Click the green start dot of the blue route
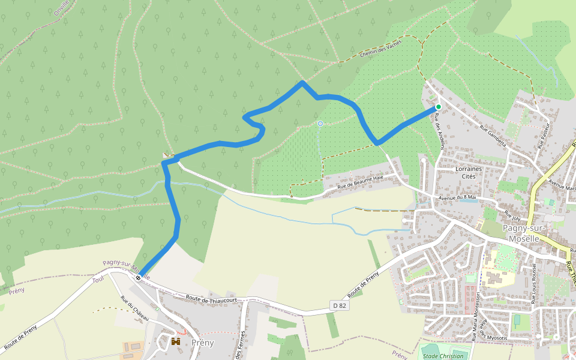(439, 107)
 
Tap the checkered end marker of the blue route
(139, 278)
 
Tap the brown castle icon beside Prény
(176, 341)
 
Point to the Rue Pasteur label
(544, 136)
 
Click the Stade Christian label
(443, 356)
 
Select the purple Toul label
(98, 280)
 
